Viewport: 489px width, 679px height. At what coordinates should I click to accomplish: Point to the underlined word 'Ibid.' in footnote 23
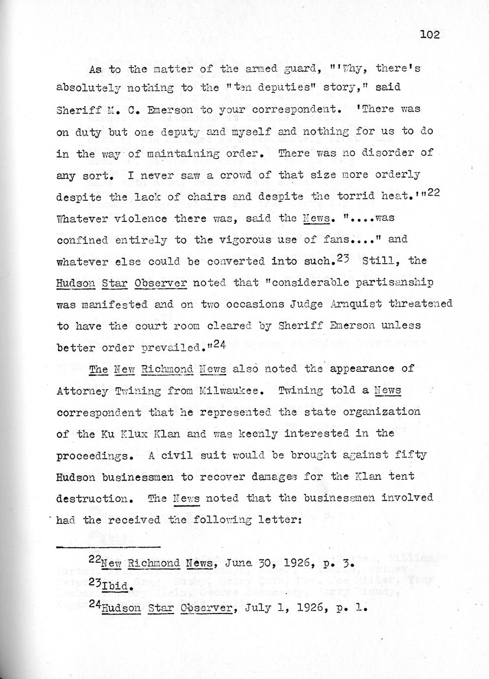click(x=117, y=586)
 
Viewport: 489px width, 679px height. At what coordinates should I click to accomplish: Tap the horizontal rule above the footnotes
click(x=108, y=547)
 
